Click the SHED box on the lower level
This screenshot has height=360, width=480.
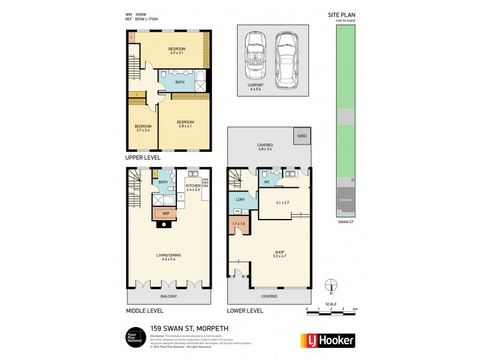(x=301, y=136)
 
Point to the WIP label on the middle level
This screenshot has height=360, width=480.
(x=164, y=213)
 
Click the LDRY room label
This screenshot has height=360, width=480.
(x=239, y=200)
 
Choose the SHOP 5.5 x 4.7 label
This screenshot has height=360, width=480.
(x=279, y=254)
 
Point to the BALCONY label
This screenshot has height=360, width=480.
(x=169, y=296)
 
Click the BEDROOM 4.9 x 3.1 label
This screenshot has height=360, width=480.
(x=177, y=50)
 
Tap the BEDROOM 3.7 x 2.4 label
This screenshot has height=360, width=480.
(x=143, y=128)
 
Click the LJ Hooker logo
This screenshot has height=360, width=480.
(x=328, y=340)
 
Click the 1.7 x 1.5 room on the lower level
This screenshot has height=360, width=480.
(x=239, y=226)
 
